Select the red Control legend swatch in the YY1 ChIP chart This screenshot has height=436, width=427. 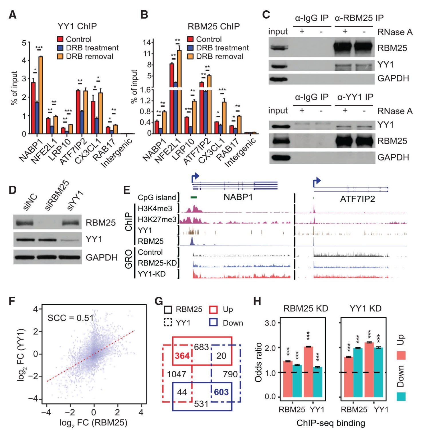pyautogui.click(x=60, y=39)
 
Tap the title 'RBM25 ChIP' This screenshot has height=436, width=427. pyautogui.click(x=214, y=26)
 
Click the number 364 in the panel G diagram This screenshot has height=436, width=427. pyautogui.click(x=182, y=356)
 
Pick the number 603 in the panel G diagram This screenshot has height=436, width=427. pyautogui.click(x=221, y=392)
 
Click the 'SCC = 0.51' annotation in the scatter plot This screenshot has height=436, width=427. pyautogui.click(x=70, y=318)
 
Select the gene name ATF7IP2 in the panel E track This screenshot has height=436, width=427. pyautogui.click(x=357, y=199)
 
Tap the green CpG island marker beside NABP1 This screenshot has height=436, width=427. pyautogui.click(x=193, y=197)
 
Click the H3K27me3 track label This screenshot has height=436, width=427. pyautogui.click(x=157, y=219)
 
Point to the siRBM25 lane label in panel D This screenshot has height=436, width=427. pyautogui.click(x=57, y=195)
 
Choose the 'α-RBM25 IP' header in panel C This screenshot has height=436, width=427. pyautogui.click(x=359, y=18)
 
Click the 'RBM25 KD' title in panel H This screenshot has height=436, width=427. pyautogui.click(x=305, y=308)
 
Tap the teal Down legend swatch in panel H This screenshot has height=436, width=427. pyautogui.click(x=401, y=396)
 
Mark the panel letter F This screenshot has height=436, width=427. pyautogui.click(x=12, y=301)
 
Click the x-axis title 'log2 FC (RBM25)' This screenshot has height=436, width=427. pyautogui.click(x=93, y=423)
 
